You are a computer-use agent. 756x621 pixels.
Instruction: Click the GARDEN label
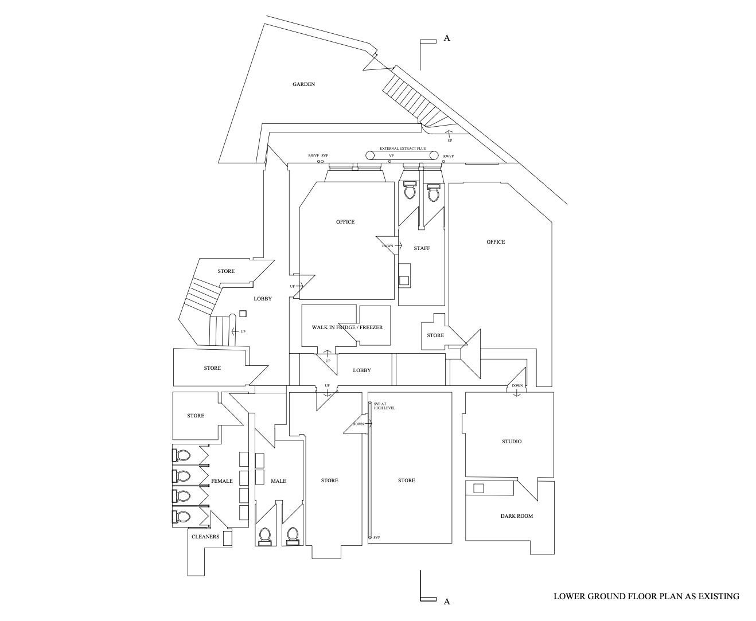coord(303,84)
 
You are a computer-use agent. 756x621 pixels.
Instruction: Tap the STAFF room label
coord(422,248)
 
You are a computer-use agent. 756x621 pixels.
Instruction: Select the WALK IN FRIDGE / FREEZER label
coord(347,327)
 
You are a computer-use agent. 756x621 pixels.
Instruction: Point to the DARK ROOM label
coord(516,516)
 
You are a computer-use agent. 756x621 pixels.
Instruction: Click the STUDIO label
coord(512,442)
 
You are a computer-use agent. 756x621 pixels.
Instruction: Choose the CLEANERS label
coord(205,537)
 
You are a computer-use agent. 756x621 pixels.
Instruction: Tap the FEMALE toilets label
coord(222,481)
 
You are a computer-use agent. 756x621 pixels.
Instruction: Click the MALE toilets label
coord(278,481)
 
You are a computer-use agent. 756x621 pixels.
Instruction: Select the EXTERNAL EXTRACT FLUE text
coord(403,149)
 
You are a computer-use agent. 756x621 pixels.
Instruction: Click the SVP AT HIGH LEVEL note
coord(384,406)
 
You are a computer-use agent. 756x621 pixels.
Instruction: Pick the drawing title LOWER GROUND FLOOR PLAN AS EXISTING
coord(646,596)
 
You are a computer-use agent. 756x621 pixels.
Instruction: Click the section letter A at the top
coord(447,38)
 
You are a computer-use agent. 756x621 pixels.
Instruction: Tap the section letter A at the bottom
coord(447,602)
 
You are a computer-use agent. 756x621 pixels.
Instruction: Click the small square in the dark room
coord(478,489)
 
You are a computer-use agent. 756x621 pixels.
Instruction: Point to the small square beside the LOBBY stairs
coord(243,314)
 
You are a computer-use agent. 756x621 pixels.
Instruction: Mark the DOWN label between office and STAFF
coord(388,246)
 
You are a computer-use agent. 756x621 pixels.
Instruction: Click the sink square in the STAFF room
coord(404,280)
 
